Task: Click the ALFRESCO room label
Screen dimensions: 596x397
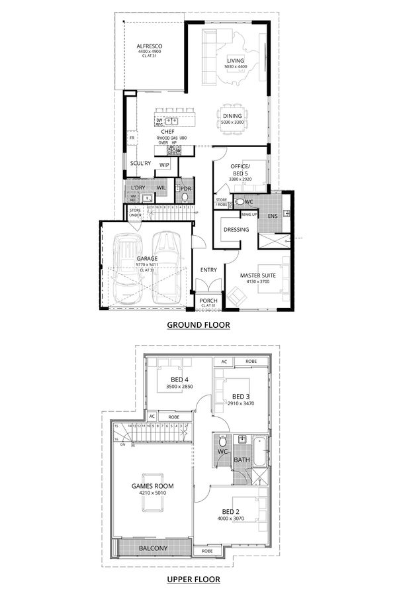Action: tap(150, 46)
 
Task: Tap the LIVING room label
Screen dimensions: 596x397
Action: tap(235, 60)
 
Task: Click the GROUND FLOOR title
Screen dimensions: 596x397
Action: tap(198, 324)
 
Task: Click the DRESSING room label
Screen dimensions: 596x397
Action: tap(237, 230)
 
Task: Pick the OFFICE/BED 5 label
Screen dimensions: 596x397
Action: tap(238, 170)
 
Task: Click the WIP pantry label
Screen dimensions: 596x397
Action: tap(164, 165)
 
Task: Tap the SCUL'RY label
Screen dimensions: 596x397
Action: tap(140, 162)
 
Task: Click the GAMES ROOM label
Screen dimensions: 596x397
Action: tap(152, 485)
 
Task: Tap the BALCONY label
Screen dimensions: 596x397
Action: tap(153, 548)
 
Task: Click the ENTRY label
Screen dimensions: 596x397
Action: tap(208, 270)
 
